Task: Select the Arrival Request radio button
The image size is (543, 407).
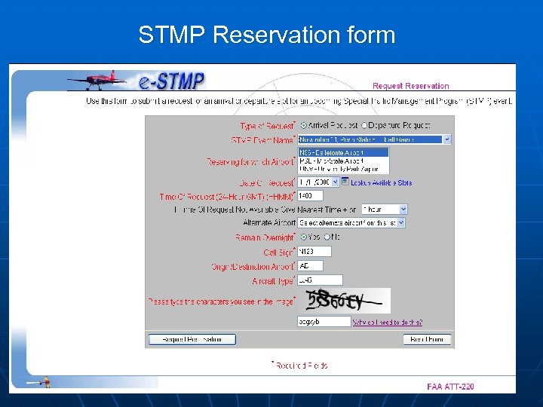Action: pos(304,125)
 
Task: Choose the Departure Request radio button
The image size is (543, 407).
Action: pos(365,125)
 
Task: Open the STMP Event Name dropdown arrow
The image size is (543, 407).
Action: pos(446,139)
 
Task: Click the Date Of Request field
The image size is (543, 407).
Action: pos(317,182)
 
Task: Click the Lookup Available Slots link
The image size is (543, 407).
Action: pos(382,182)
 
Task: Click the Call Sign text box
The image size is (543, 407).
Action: pos(314,252)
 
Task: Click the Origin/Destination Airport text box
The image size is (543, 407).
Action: pos(310,265)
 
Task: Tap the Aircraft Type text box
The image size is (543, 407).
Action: pos(320,280)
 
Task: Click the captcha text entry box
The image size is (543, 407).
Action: pos(324,321)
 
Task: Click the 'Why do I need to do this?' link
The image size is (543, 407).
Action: pos(387,322)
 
